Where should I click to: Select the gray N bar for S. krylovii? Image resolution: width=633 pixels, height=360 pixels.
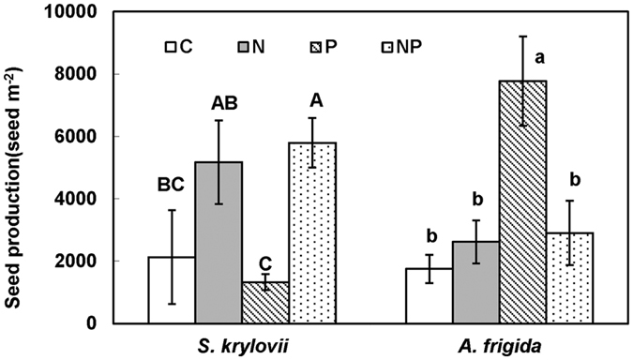tap(218, 243)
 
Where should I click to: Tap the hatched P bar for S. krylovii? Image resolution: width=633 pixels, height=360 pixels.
tap(264, 302)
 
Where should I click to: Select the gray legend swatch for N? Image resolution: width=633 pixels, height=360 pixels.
tap(242, 45)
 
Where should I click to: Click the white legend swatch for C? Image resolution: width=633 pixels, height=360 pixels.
tap(171, 45)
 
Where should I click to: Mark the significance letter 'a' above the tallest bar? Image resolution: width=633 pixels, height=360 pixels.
tap(539, 58)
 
